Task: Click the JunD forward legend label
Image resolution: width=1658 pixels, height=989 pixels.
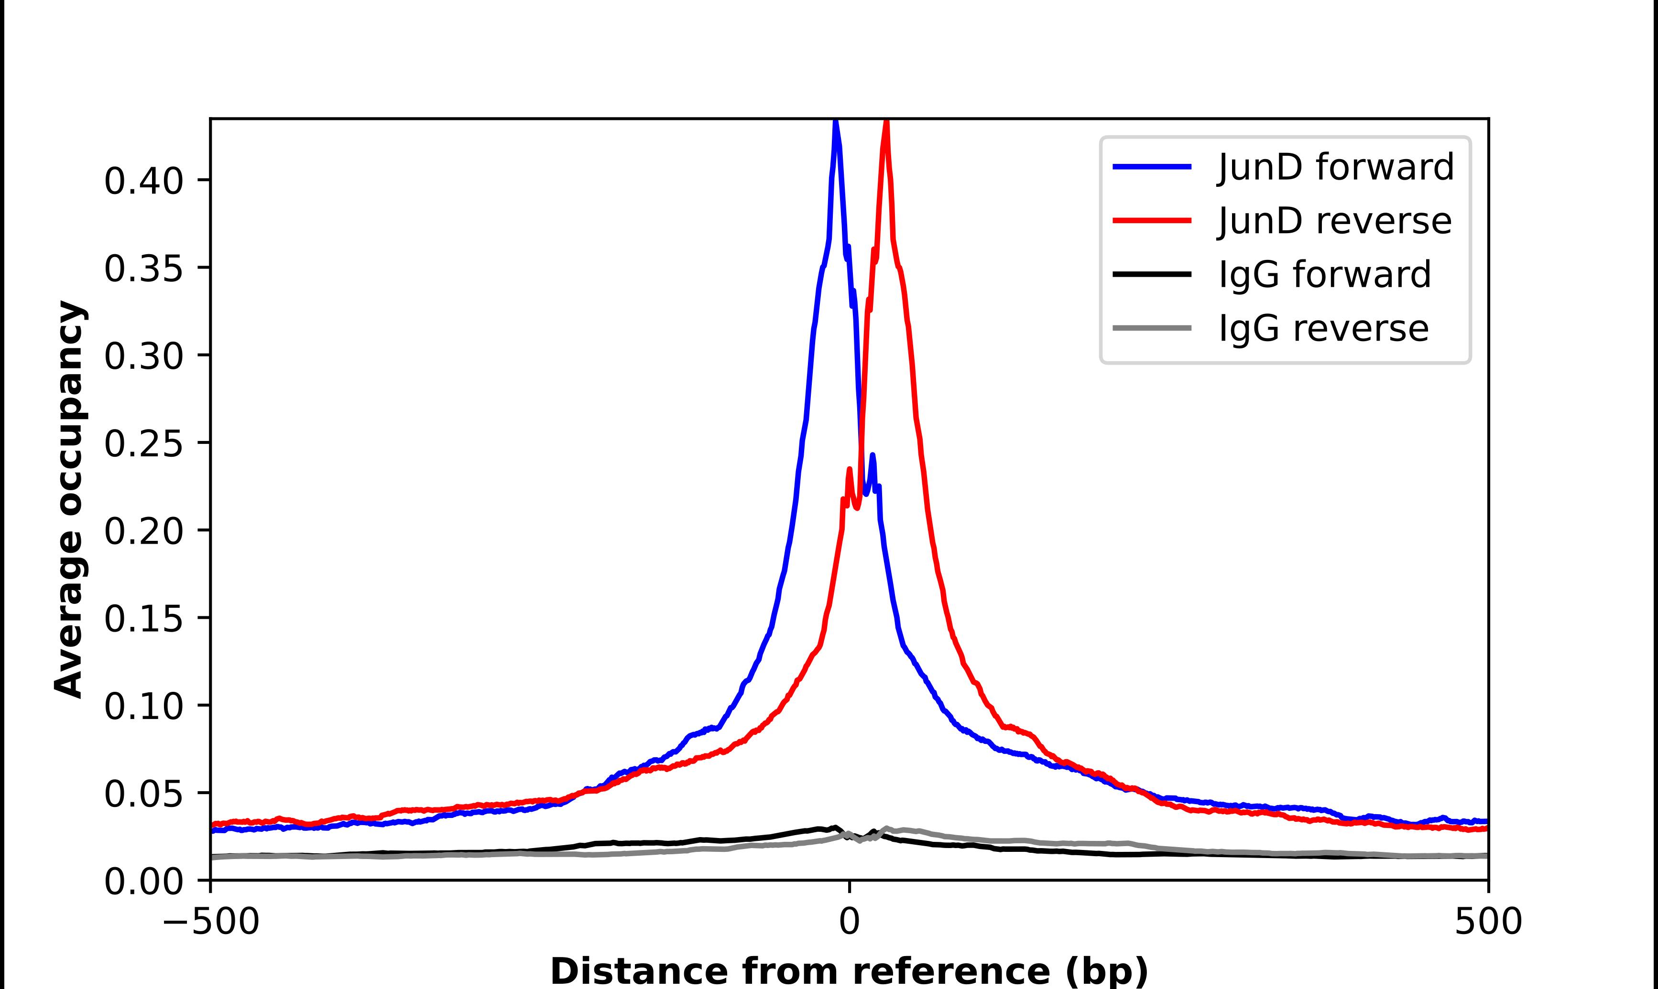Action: [1335, 167]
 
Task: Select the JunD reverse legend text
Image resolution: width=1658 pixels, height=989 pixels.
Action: [1334, 221]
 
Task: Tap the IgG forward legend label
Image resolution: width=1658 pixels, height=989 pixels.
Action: [1324, 275]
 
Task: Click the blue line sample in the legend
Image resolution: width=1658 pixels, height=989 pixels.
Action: [1151, 167]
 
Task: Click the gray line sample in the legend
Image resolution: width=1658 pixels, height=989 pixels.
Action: [1151, 328]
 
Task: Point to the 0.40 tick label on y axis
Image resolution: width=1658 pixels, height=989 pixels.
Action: [143, 181]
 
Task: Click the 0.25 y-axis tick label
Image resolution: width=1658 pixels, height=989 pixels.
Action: [143, 444]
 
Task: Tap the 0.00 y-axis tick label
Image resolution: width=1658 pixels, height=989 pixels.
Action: [143, 881]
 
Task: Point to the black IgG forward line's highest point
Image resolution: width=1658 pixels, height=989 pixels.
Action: [835, 827]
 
